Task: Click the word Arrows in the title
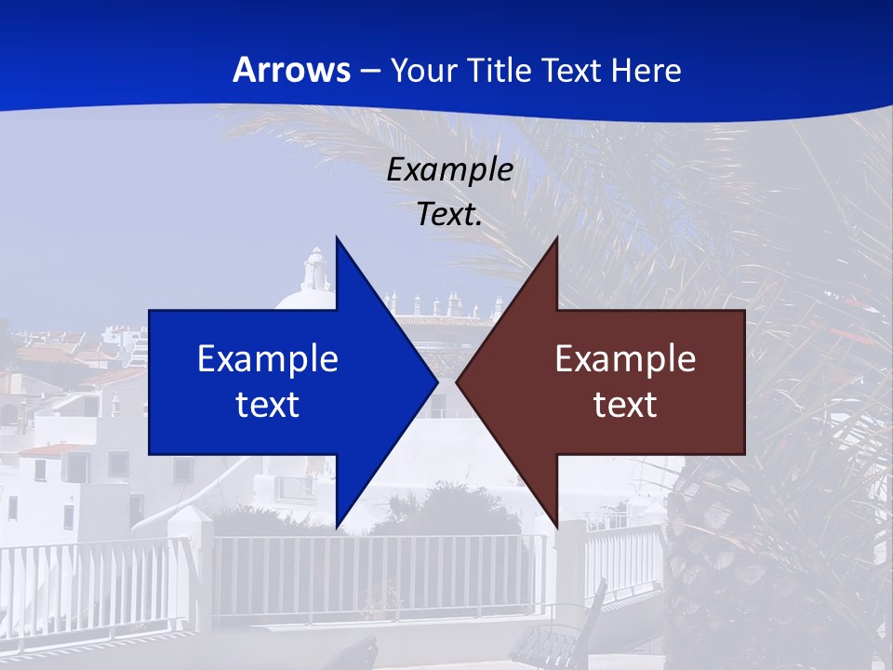(291, 70)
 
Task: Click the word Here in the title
(647, 70)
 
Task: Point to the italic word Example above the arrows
(449, 169)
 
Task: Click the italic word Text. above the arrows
(449, 215)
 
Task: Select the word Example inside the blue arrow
(268, 359)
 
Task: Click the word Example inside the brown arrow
(625, 359)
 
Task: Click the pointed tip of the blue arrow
(437, 382)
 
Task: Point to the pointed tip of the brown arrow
(457, 382)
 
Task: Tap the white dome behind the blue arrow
(302, 300)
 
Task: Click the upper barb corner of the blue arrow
(337, 238)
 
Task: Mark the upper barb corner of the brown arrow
(556, 238)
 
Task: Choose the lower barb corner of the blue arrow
(337, 527)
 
